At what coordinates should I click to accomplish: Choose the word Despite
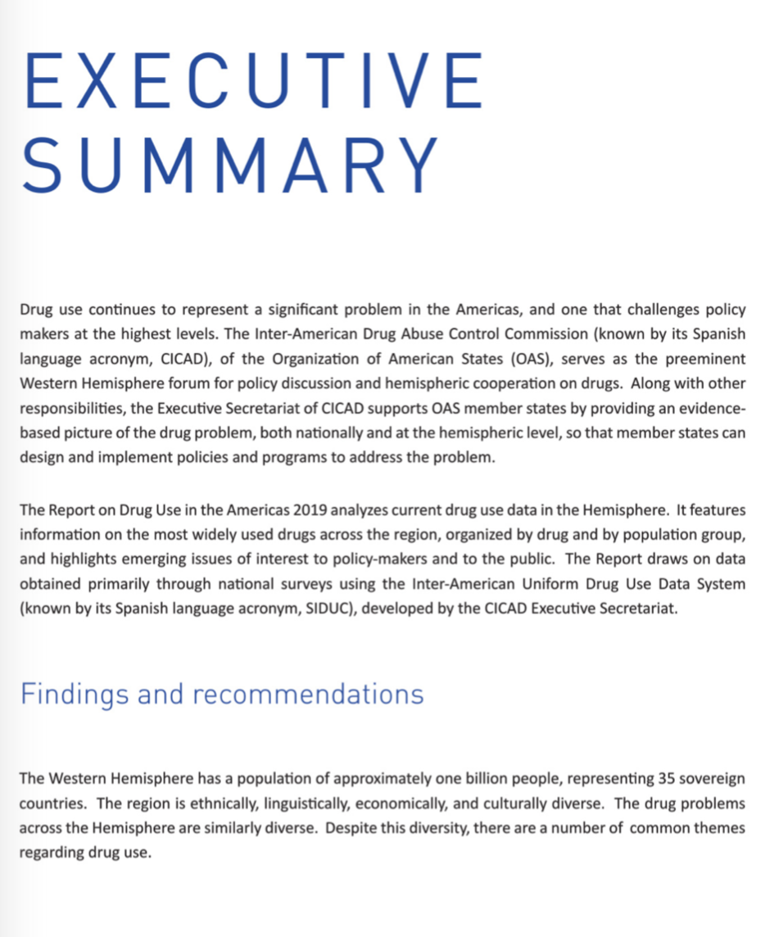click(349, 827)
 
